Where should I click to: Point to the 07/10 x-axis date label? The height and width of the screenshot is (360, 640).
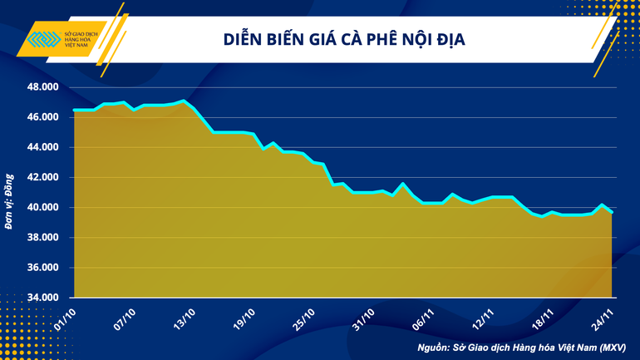click(125, 317)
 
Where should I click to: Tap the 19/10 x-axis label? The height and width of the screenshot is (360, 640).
click(244, 317)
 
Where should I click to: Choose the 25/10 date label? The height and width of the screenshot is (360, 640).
click(304, 317)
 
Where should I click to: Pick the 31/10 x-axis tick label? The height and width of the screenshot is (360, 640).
click(364, 317)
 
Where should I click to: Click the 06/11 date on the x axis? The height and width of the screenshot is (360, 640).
click(424, 317)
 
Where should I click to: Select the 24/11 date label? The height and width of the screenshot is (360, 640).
click(603, 317)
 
